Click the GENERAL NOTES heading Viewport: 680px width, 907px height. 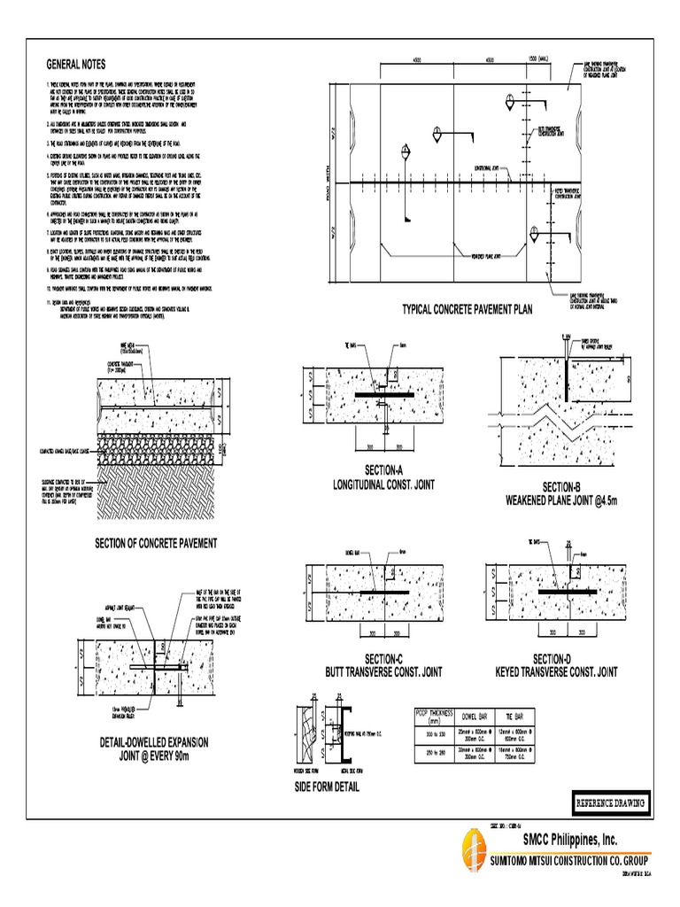[x=75, y=64]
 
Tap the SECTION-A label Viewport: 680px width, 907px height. [x=382, y=469]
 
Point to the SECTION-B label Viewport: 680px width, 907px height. [x=562, y=487]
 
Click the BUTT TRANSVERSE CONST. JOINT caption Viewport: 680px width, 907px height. [x=383, y=672]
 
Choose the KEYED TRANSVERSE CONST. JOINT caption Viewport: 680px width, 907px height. [x=556, y=672]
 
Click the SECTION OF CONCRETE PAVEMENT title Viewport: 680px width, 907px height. [x=156, y=542]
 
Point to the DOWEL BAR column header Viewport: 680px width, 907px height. [x=478, y=715]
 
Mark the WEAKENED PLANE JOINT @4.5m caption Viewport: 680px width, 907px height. [x=561, y=500]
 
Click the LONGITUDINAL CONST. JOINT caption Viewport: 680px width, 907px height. [x=382, y=485]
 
